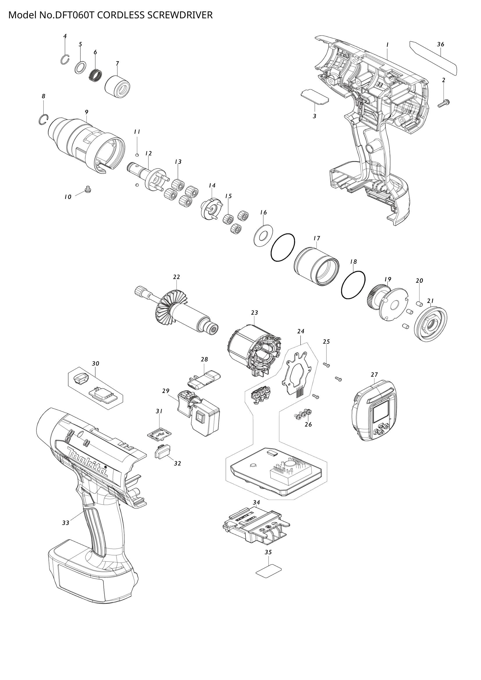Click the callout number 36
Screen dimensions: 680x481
pos(440,44)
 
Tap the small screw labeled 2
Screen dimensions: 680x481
pos(443,103)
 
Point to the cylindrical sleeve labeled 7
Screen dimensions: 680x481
pos(118,86)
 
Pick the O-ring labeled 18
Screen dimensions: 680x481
pos(353,285)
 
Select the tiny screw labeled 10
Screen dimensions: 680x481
pos(87,189)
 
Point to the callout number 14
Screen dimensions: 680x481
pos(212,186)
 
